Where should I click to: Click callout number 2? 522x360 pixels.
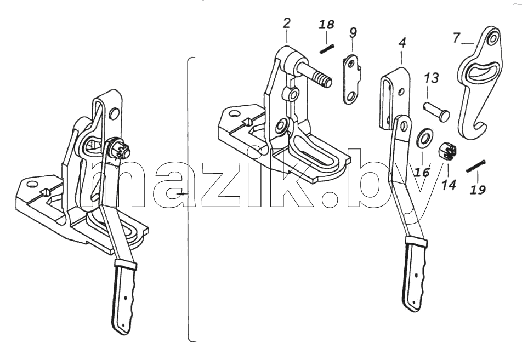(x=286, y=24)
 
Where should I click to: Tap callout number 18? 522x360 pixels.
(x=327, y=25)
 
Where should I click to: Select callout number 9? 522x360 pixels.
(x=353, y=32)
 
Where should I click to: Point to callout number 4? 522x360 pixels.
(x=402, y=42)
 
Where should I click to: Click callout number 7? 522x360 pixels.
(x=456, y=38)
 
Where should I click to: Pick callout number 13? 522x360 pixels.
(x=431, y=78)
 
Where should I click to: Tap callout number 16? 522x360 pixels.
(x=422, y=172)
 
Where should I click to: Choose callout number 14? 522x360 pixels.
(x=449, y=185)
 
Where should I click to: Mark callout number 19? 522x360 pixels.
(x=478, y=190)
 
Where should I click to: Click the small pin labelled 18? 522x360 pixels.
(x=327, y=49)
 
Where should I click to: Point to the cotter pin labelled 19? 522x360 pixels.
(x=476, y=166)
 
